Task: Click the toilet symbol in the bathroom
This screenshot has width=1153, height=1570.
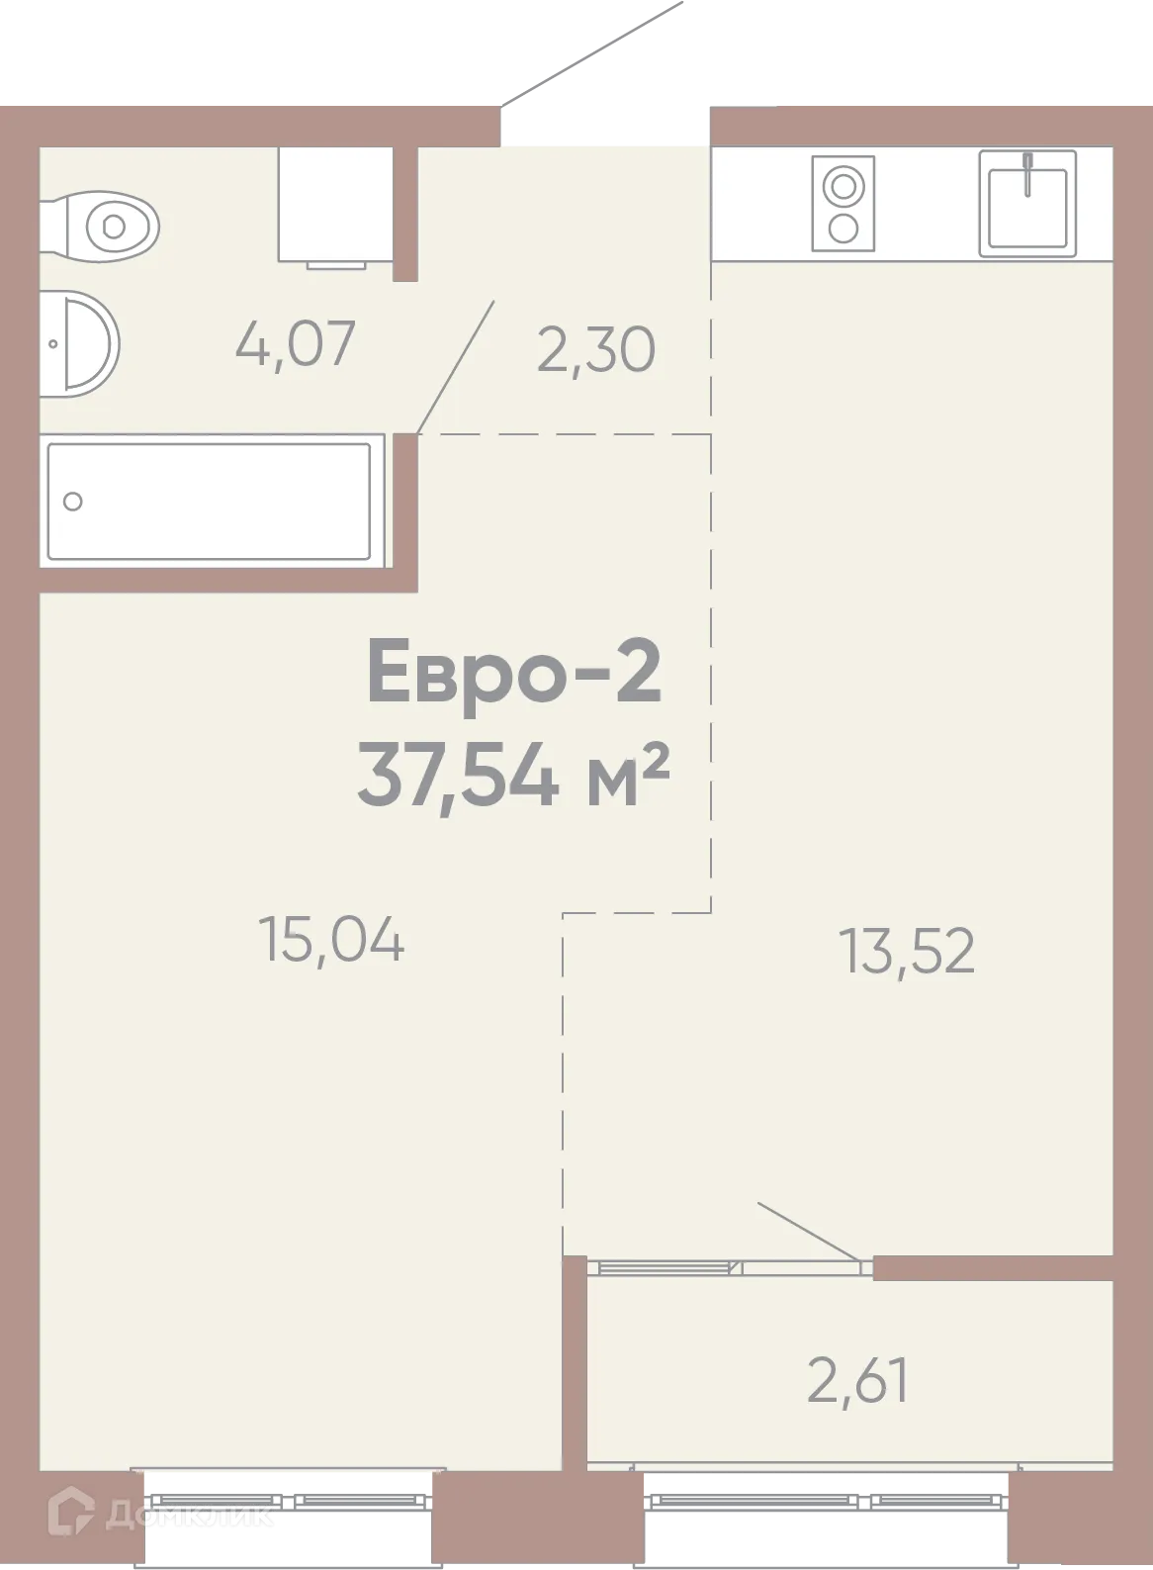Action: pyautogui.click(x=111, y=227)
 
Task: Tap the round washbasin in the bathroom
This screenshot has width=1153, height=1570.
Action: pyautogui.click(x=85, y=343)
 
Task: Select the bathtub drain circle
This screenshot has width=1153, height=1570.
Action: pyautogui.click(x=72, y=502)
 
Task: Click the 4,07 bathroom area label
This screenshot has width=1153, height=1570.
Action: pyautogui.click(x=295, y=344)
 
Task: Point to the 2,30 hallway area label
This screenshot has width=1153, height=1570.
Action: pyautogui.click(x=595, y=350)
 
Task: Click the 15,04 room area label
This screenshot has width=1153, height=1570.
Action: pyautogui.click(x=330, y=939)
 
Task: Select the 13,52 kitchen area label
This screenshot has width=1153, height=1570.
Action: pyautogui.click(x=907, y=951)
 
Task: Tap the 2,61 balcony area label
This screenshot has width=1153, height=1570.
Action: pyautogui.click(x=857, y=1381)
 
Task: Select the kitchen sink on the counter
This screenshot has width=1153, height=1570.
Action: pyautogui.click(x=1027, y=203)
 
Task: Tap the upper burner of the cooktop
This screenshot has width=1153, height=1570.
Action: pyautogui.click(x=843, y=185)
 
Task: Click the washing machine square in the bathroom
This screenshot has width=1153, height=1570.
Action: pyautogui.click(x=335, y=204)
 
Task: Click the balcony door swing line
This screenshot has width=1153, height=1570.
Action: pyautogui.click(x=809, y=1233)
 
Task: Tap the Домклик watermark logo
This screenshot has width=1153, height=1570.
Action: pyautogui.click(x=163, y=1515)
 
